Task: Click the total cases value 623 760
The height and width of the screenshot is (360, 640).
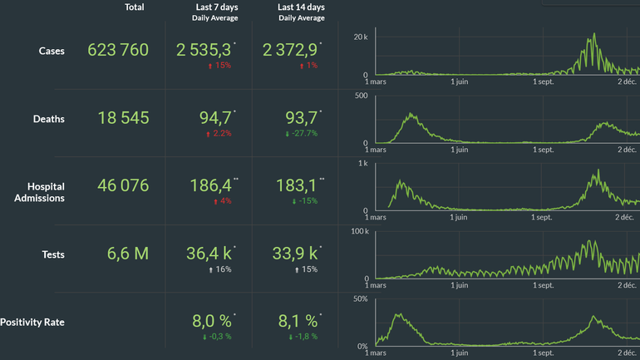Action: coord(118,50)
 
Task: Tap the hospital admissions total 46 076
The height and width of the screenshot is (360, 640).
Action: coord(119,186)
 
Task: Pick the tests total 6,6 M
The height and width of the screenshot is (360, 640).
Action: coord(128,254)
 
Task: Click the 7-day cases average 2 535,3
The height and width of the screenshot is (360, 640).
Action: coord(204,50)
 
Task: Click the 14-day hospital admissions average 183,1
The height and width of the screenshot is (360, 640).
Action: coord(295,186)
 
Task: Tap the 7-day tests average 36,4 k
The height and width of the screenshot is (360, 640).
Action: coord(209,254)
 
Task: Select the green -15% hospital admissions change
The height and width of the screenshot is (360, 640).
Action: coord(304,200)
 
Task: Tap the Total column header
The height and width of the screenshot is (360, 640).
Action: coord(134,7)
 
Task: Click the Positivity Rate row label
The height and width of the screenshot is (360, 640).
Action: coord(32,322)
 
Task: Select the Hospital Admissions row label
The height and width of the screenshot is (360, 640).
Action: coord(39,192)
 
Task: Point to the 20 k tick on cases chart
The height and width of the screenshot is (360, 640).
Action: coord(360,37)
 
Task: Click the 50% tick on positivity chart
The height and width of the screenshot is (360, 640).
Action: coord(361,298)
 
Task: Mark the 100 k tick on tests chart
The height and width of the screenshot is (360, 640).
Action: coord(359,230)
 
